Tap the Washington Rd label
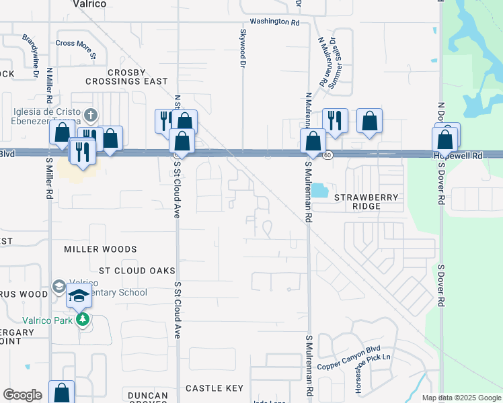274,21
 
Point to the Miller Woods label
100,249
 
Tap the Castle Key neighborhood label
214,388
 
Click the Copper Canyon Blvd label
348,359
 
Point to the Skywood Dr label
242,48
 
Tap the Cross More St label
76,43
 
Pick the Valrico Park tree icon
83,319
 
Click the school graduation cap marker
79,296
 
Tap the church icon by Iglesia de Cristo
91,114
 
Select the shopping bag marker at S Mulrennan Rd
313,141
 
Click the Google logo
22,395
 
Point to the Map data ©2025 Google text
461,398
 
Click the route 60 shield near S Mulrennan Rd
327,154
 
